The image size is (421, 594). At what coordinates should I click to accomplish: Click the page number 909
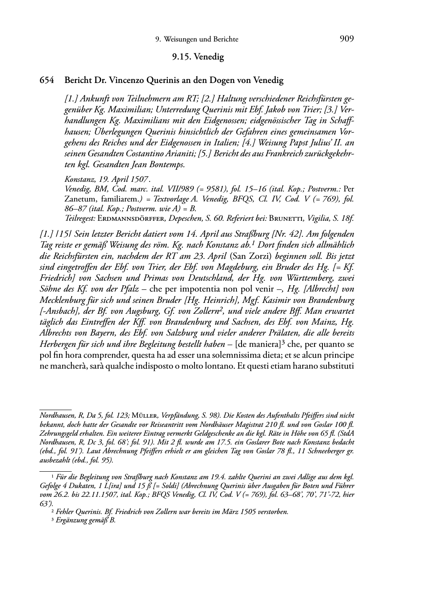point(347,39)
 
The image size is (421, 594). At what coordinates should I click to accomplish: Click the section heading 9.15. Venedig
point(198,57)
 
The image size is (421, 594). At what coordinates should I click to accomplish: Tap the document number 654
point(47,80)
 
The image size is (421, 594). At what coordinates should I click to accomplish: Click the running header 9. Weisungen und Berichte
point(197,40)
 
